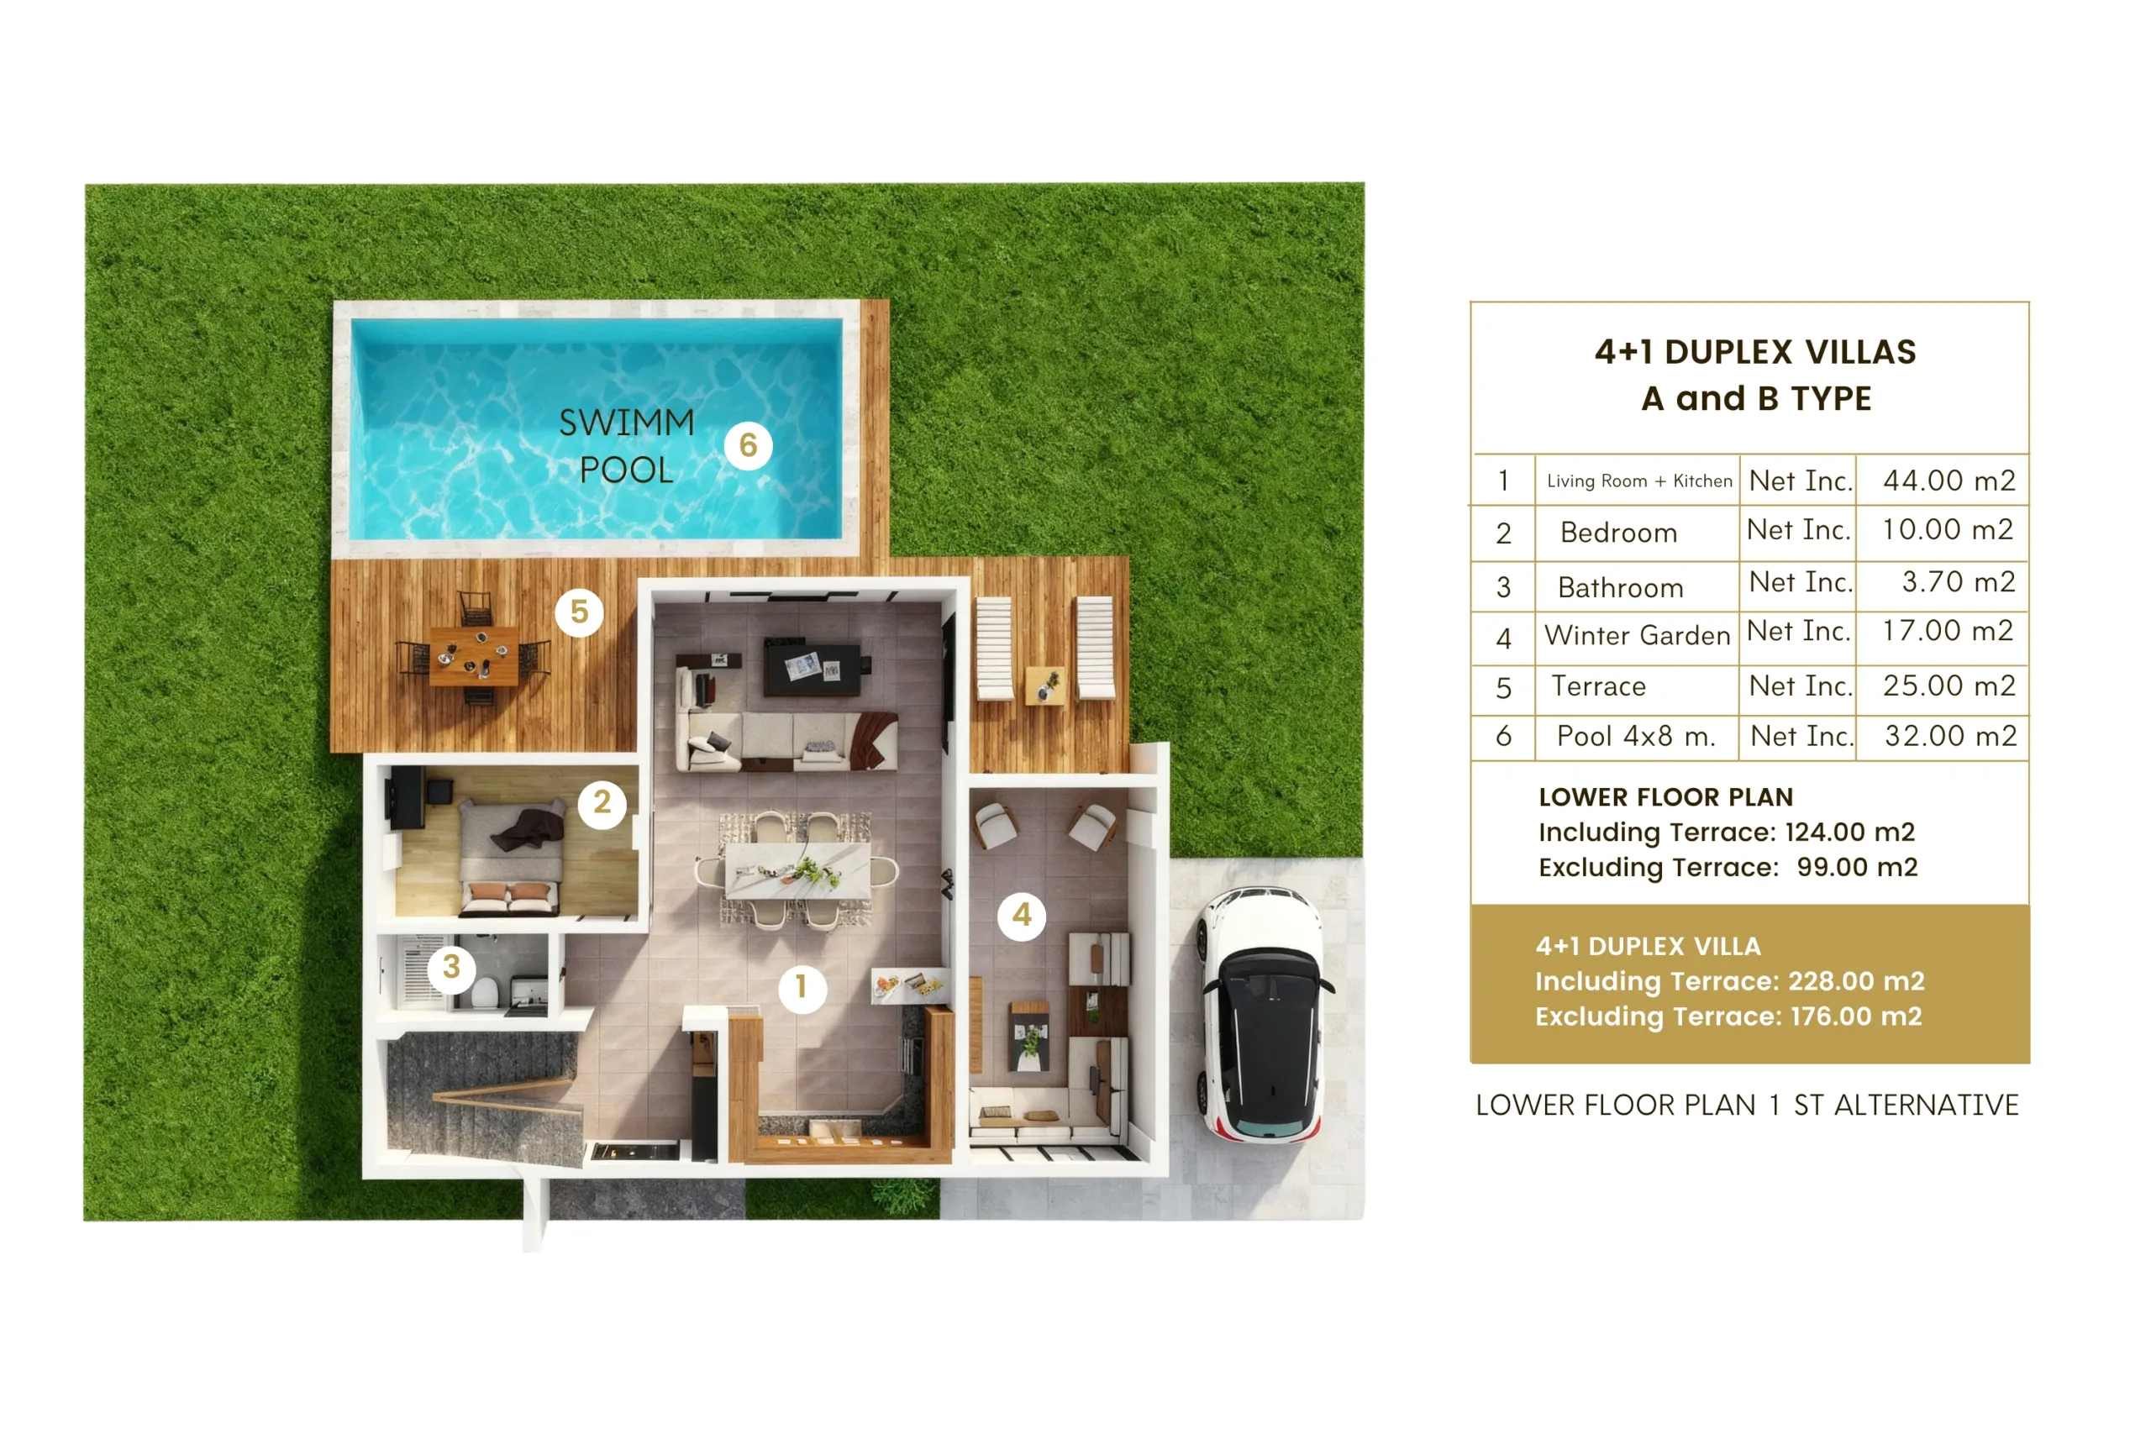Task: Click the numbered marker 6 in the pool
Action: click(748, 445)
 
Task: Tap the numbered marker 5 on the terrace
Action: click(579, 612)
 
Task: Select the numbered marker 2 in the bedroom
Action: click(602, 803)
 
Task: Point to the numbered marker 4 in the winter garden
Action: click(1022, 916)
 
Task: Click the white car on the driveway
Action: click(1264, 1014)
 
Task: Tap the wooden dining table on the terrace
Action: click(474, 656)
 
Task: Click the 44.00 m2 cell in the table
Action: click(1949, 481)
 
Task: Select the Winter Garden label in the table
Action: click(1637, 636)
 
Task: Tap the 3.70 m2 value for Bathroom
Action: click(1958, 582)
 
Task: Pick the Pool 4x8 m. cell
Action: click(1636, 736)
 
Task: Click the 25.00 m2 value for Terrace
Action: click(1949, 685)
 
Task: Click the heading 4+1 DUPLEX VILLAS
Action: click(1755, 352)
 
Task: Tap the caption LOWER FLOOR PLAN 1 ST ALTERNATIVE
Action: click(1747, 1106)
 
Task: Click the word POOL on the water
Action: click(627, 470)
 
